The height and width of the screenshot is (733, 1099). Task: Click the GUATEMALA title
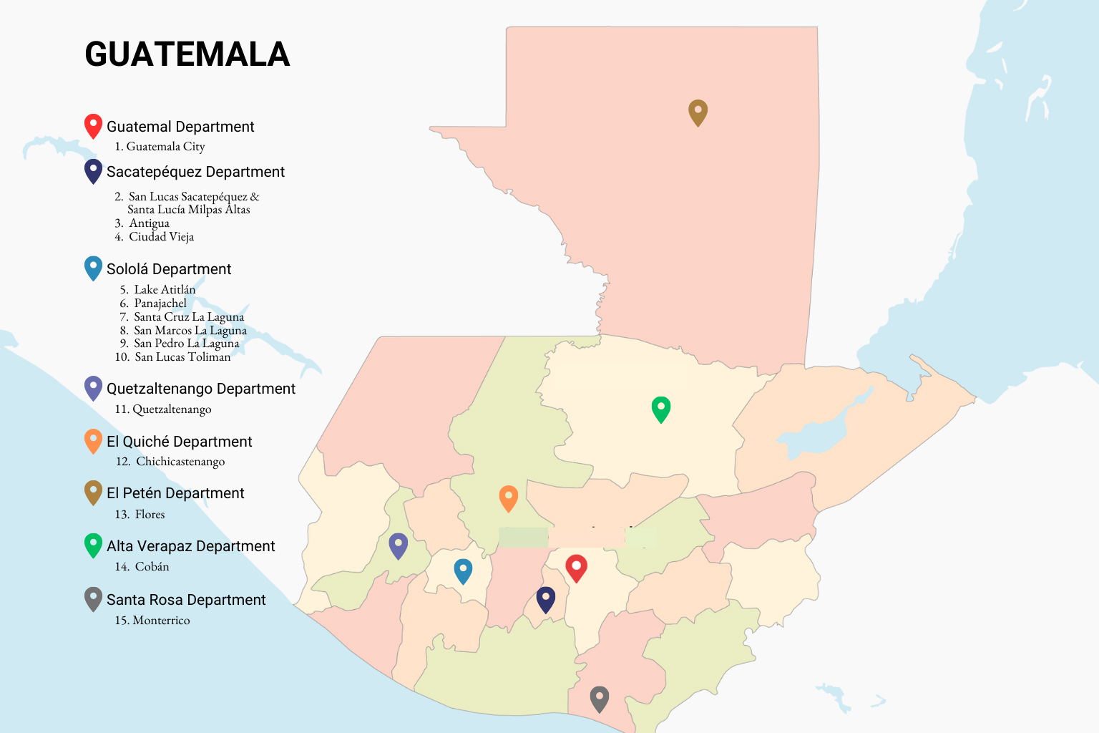click(x=187, y=54)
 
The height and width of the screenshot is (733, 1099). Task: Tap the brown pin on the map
click(x=698, y=112)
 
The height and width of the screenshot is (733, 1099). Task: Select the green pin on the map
click(x=660, y=408)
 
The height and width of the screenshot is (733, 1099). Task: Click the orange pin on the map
click(x=508, y=497)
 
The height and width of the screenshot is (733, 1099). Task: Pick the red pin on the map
click(x=576, y=568)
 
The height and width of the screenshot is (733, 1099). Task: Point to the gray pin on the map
click(x=599, y=698)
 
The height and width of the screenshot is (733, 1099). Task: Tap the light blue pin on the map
click(x=463, y=571)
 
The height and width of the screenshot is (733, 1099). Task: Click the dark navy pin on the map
click(x=545, y=599)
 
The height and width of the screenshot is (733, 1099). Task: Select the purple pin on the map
click(x=398, y=545)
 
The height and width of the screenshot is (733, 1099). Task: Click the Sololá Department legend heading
click(x=169, y=269)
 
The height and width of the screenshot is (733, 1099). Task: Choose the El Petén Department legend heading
click(x=175, y=493)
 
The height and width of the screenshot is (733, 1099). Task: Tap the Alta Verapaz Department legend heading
click(x=190, y=546)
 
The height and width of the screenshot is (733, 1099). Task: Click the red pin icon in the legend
click(x=93, y=125)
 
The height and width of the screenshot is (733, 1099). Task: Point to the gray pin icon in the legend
click(x=93, y=598)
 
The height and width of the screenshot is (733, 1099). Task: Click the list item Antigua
click(x=149, y=223)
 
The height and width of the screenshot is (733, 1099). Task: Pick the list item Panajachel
click(x=160, y=304)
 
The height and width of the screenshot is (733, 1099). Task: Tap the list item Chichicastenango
click(x=180, y=462)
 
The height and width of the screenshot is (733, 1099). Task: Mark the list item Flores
click(x=150, y=515)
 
